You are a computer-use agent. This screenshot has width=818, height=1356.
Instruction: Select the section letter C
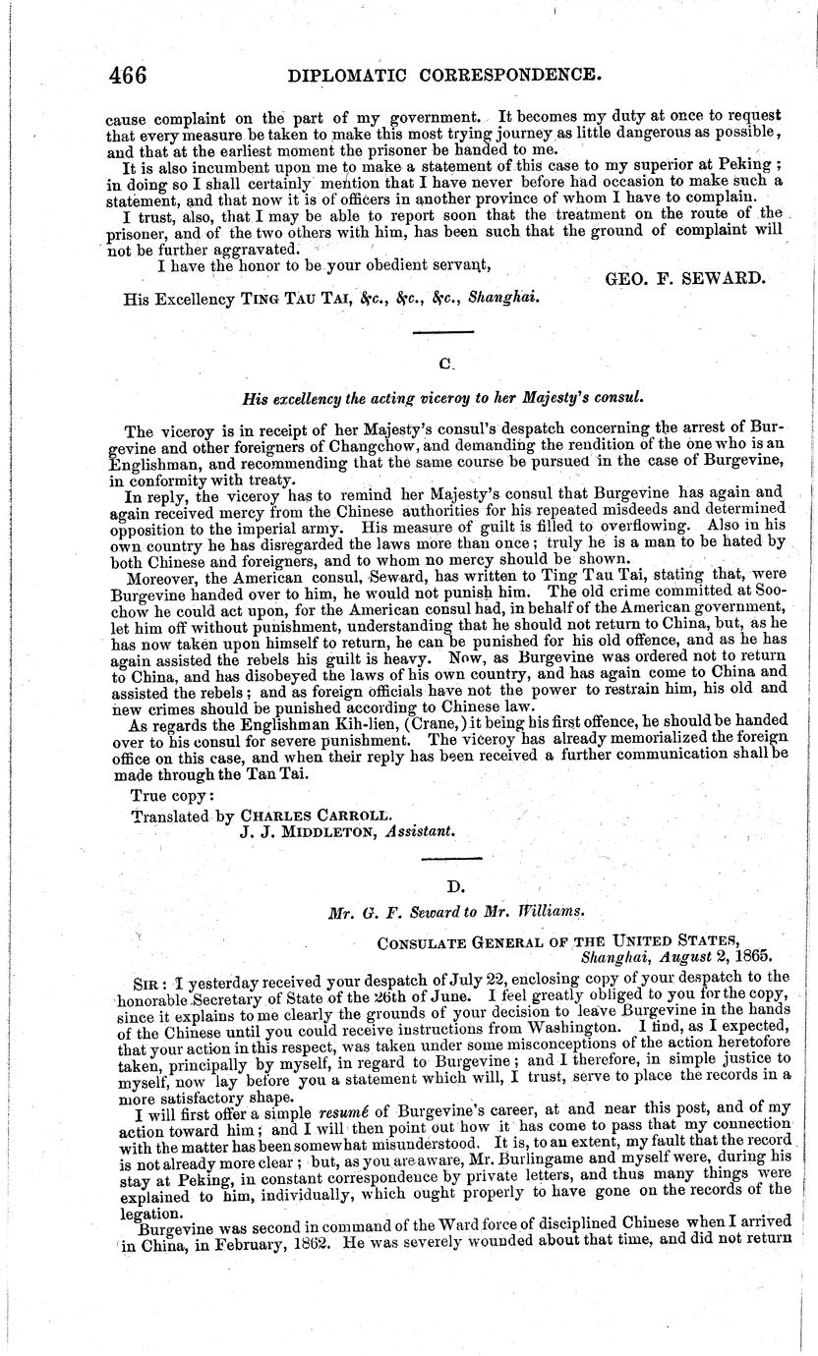[x=444, y=364]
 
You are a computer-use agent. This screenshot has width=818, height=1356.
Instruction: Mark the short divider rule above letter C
[x=443, y=336]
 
